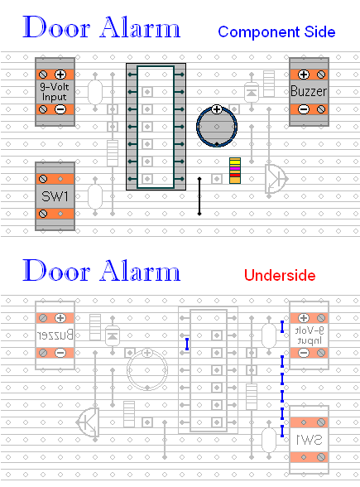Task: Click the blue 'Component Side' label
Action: [x=276, y=32]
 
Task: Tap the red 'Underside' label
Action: [x=280, y=275]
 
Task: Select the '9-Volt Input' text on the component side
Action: [x=55, y=92]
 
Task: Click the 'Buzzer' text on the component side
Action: [x=309, y=91]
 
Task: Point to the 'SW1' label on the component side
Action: [x=55, y=196]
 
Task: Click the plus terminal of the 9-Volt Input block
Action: [x=60, y=75]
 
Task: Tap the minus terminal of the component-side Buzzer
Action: [x=304, y=109]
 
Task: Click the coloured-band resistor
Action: [x=235, y=171]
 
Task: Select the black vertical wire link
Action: [x=199, y=196]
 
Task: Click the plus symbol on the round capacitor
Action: [x=217, y=109]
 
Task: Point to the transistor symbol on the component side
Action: [x=276, y=179]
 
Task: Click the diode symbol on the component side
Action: [x=252, y=92]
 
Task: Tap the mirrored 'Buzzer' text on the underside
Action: [x=55, y=335]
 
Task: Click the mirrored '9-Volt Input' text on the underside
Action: [x=310, y=335]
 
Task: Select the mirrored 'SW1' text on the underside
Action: [x=310, y=440]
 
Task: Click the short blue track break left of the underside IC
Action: [x=187, y=345]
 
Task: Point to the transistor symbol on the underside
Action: [x=88, y=422]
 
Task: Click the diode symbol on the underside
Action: [x=113, y=335]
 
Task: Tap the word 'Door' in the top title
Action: [x=56, y=27]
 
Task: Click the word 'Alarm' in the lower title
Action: [x=140, y=271]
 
